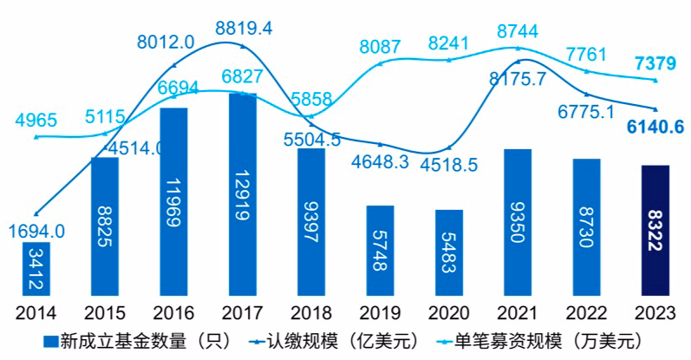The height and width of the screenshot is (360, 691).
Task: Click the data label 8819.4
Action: pyautogui.click(x=244, y=28)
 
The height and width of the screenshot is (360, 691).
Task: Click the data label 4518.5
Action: pyautogui.click(x=448, y=165)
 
